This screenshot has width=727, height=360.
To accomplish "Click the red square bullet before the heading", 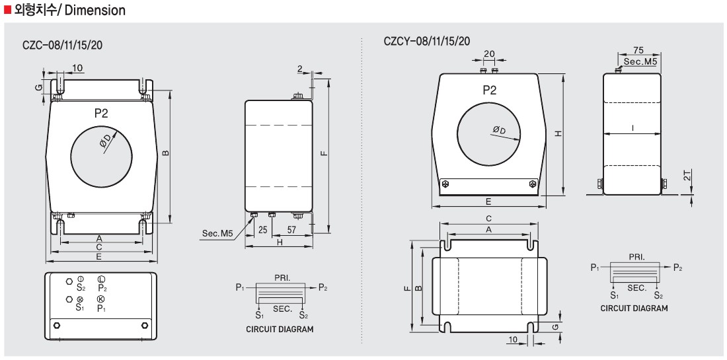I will click(8, 11).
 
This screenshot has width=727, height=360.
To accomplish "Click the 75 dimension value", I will click(638, 51).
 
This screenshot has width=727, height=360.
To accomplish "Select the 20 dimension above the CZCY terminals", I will click(489, 54).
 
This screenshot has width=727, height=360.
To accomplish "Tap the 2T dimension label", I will click(688, 177).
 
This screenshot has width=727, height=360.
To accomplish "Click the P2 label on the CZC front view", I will click(101, 114).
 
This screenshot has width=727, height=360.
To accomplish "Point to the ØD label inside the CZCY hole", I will click(498, 130).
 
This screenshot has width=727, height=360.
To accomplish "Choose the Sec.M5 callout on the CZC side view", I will click(217, 234).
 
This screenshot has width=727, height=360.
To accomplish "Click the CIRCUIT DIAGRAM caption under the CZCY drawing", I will click(634, 308).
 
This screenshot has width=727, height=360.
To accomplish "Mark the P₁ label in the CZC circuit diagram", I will click(241, 287).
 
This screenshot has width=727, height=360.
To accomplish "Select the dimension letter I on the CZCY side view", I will click(632, 129).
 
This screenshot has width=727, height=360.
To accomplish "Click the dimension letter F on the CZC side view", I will click(323, 153).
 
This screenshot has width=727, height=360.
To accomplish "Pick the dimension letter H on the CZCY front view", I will click(558, 133).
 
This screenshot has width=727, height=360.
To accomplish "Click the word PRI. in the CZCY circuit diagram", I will click(635, 256).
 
